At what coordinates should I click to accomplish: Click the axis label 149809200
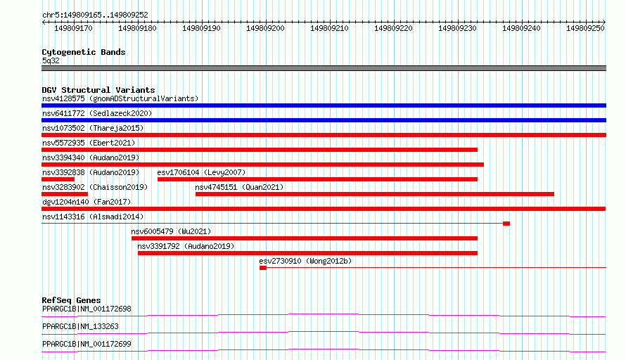point(265,28)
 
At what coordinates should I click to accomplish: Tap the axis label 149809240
point(521,28)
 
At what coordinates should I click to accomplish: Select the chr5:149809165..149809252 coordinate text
point(95,15)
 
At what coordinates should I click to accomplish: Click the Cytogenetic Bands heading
point(84,52)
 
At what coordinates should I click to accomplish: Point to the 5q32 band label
point(51,60)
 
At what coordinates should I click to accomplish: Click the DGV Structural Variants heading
point(98,90)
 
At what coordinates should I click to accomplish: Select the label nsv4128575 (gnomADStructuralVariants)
point(120,98)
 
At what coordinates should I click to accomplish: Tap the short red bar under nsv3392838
point(58,179)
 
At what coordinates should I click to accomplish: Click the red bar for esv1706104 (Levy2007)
point(317,179)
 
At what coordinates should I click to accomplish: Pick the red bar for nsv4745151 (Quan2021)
point(374,194)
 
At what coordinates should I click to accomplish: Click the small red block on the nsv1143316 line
point(506,224)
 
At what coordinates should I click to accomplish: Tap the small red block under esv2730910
point(262,268)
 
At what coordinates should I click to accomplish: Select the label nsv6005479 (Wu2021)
point(171,231)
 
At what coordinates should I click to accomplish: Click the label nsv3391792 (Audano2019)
point(186,246)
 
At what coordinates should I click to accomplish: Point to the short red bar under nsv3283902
point(65,194)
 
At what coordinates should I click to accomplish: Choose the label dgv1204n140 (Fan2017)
point(87,202)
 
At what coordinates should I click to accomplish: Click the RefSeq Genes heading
point(71,300)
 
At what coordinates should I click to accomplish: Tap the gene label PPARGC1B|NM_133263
point(80,326)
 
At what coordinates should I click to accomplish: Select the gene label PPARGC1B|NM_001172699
point(87,344)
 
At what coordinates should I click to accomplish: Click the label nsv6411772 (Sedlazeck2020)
point(97,113)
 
